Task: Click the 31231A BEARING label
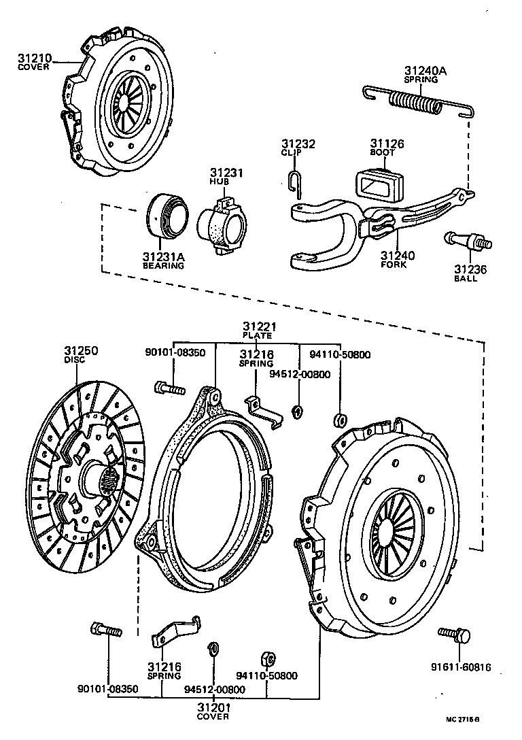(x=163, y=260)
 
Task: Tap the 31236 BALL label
(x=470, y=273)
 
